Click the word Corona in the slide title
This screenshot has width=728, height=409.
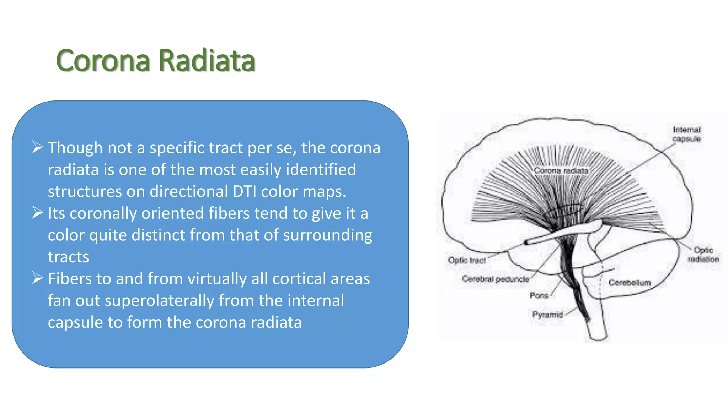[x=103, y=60]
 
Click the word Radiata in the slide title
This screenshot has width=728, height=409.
[x=207, y=60]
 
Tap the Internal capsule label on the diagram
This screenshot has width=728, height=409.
[x=686, y=134]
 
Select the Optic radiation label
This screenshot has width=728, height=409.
[x=703, y=255]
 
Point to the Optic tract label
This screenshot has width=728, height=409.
[x=467, y=260]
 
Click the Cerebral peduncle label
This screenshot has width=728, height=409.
[x=496, y=279]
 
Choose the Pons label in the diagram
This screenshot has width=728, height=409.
[x=539, y=295]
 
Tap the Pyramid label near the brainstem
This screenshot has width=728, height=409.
[x=547, y=315]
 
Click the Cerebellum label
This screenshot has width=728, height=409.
[x=630, y=283]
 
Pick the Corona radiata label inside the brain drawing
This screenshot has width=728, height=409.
[x=561, y=171]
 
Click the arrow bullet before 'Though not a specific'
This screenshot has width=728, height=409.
[x=37, y=147]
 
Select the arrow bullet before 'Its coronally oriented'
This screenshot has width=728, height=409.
[x=37, y=212]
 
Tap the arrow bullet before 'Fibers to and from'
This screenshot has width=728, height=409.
[x=37, y=278]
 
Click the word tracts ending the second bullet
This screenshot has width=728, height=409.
[x=68, y=257]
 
